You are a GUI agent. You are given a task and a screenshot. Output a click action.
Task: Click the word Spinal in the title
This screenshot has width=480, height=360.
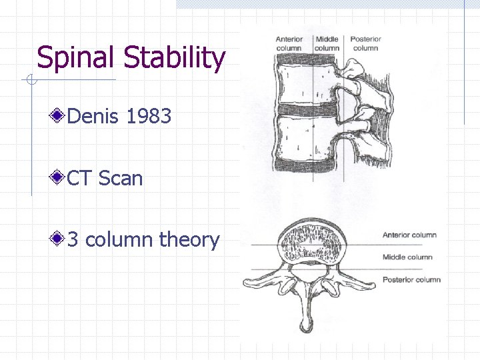[79, 58]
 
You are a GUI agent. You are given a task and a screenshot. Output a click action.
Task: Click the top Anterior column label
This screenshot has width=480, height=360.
[289, 43]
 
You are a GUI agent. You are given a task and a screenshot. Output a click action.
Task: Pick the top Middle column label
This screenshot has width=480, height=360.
[327, 43]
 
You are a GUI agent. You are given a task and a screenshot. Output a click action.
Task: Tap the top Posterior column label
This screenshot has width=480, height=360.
[365, 43]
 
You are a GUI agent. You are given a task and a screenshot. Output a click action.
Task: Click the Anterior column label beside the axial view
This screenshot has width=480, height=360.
[409, 235]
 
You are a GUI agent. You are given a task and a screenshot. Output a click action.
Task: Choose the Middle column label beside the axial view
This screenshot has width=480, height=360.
[407, 257]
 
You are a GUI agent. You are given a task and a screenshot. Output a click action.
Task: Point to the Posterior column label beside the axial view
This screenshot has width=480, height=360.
[411, 279]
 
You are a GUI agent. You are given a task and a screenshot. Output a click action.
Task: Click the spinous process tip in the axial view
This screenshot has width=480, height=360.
[306, 326]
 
